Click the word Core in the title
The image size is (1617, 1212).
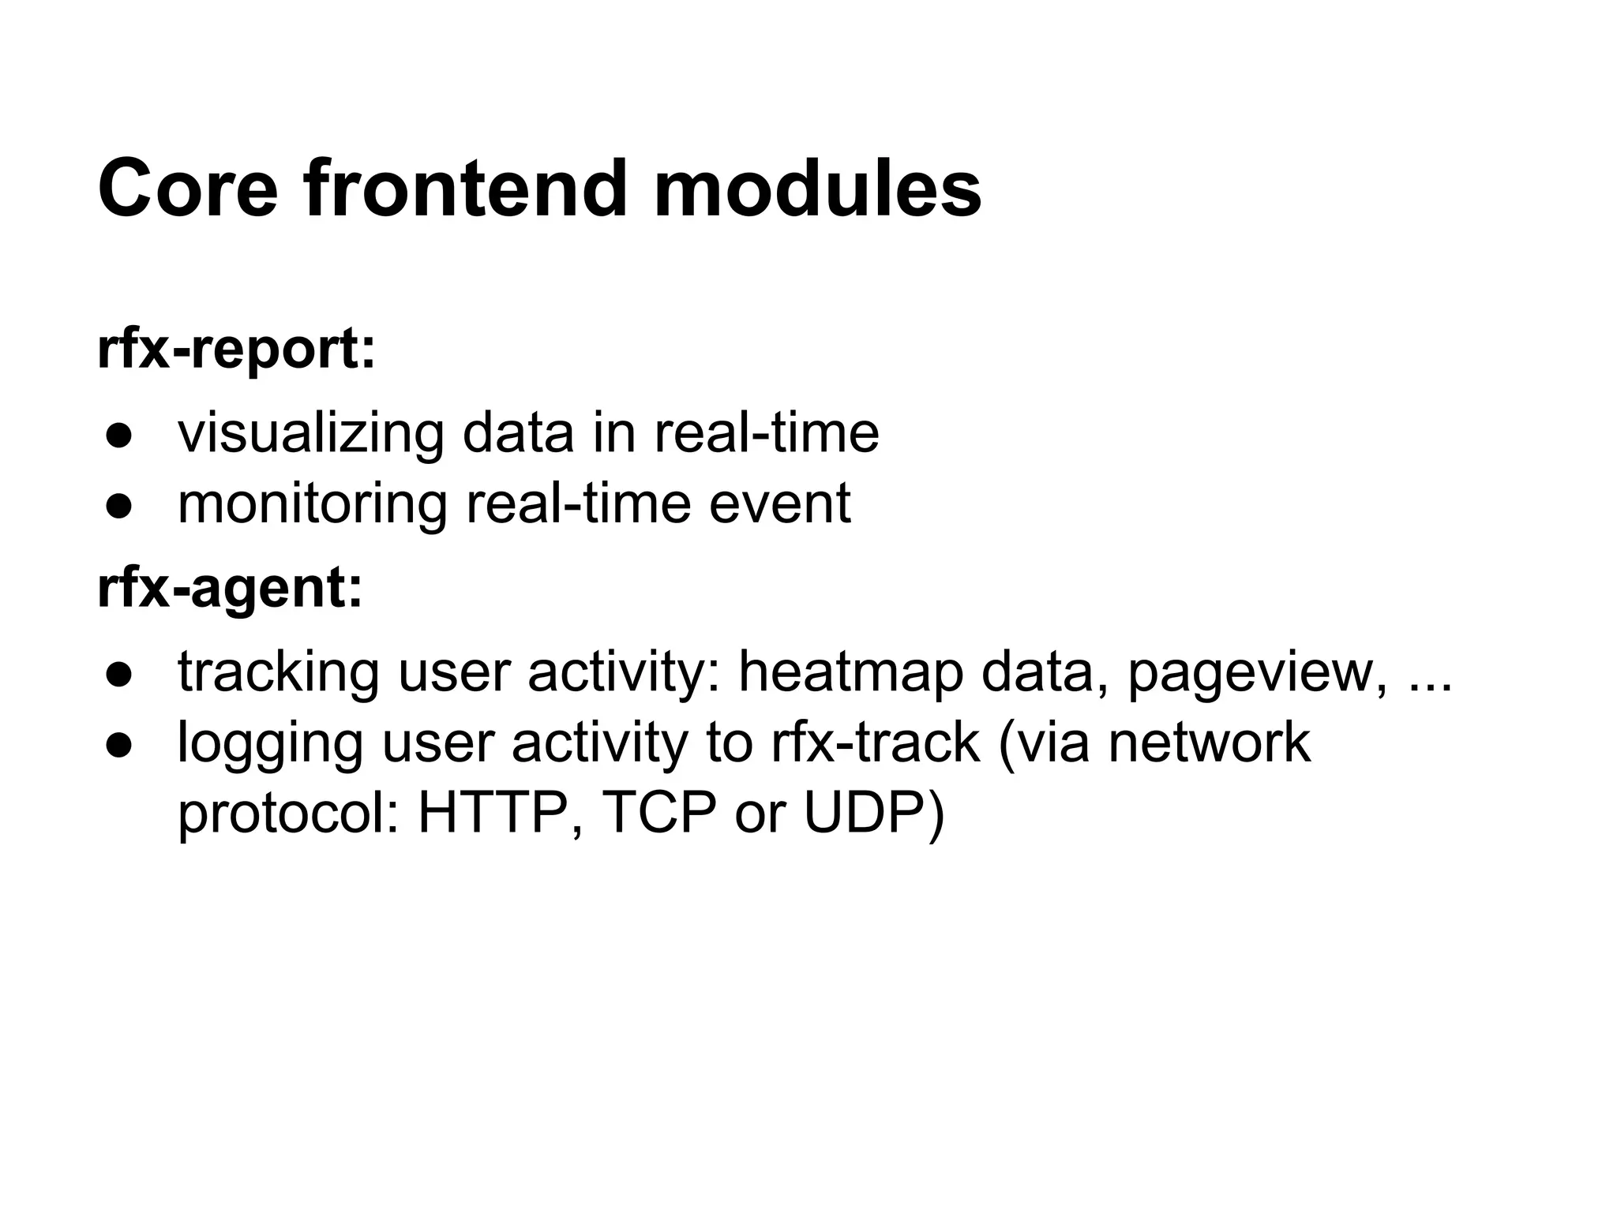coord(188,189)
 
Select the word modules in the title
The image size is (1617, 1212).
coord(817,189)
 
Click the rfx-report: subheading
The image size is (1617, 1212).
coord(236,349)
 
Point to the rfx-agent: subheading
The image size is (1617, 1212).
coord(230,589)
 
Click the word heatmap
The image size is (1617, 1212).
coord(850,673)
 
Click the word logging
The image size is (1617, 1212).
coord(270,744)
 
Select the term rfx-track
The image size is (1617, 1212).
coord(875,743)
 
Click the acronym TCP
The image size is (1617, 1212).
coord(661,814)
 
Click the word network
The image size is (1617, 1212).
coord(1210,743)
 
